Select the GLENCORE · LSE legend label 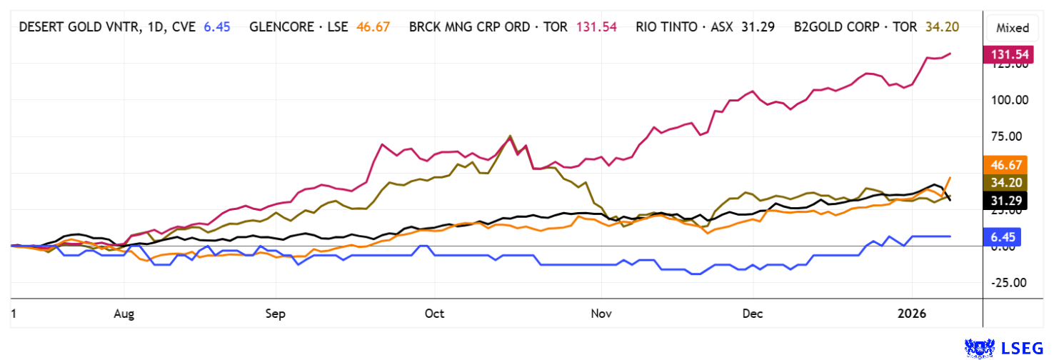[x=298, y=27]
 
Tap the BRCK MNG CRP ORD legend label [x=488, y=27]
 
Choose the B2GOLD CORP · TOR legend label [x=853, y=27]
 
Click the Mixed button [x=1012, y=28]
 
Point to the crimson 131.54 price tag [x=1005, y=54]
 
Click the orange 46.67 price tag [x=1005, y=165]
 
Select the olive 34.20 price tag [x=1005, y=184]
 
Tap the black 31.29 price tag [x=1005, y=201]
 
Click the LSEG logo [x=1007, y=348]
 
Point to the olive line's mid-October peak [x=510, y=136]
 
